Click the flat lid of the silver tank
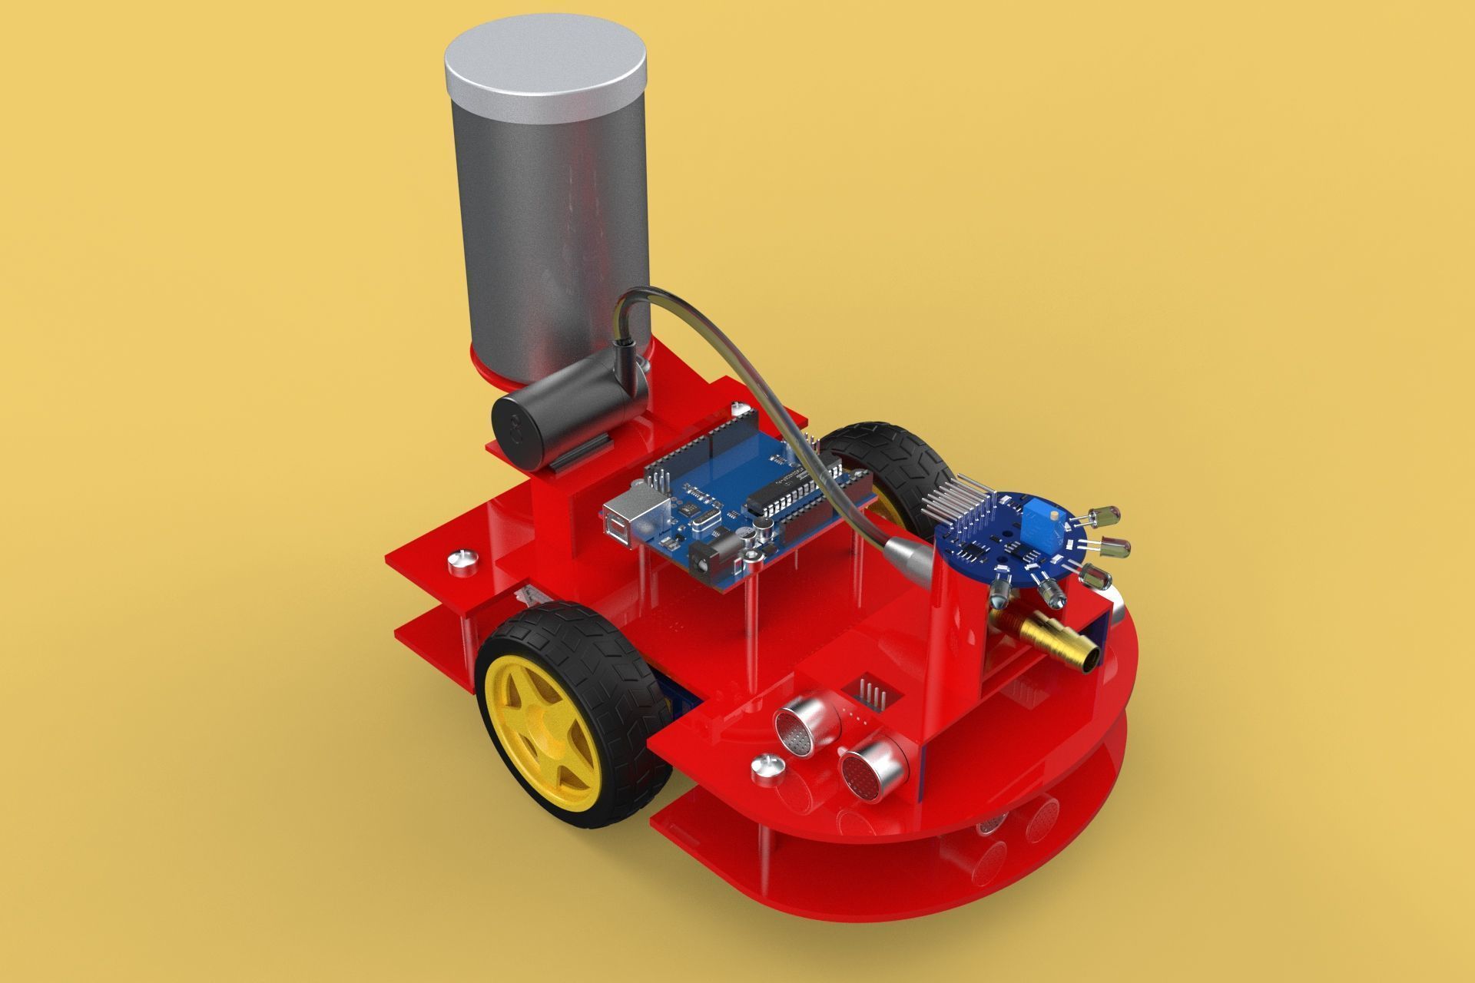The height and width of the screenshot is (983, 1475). coord(547,61)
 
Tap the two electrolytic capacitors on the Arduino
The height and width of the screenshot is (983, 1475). coord(757,530)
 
